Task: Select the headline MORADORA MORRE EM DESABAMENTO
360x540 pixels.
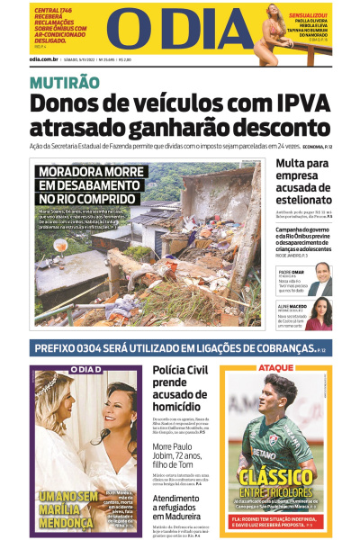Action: click(x=86, y=184)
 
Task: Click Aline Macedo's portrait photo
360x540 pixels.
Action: click(x=319, y=312)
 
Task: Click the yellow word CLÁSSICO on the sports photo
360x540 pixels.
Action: click(x=277, y=475)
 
